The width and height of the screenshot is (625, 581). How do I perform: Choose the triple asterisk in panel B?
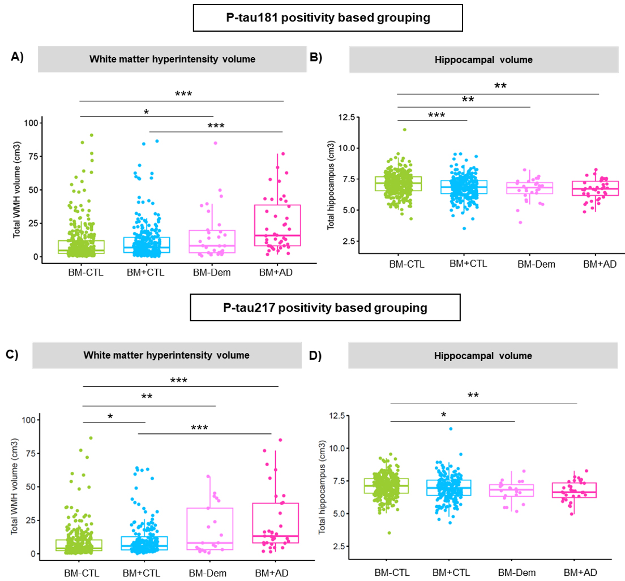(x=436, y=115)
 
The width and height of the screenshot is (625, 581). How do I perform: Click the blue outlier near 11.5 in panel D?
(x=451, y=428)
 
